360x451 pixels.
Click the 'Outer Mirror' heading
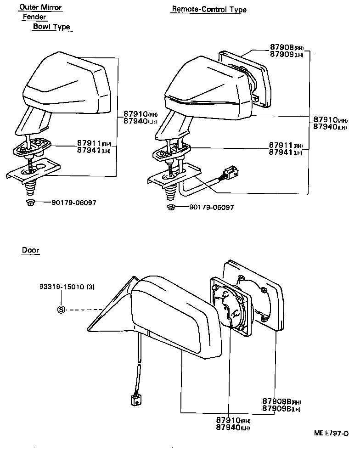[x=40, y=7]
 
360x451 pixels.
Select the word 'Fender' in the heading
[x=34, y=17]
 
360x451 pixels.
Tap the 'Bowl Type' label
[x=51, y=27]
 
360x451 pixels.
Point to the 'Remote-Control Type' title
[x=209, y=9]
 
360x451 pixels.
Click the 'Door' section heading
[x=30, y=250]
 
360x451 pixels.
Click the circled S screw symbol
[x=61, y=310]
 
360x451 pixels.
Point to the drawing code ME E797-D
[x=331, y=433]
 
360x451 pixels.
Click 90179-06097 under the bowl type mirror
[x=73, y=203]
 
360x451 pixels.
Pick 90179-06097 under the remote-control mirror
[x=211, y=207]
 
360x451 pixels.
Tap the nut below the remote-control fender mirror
[x=171, y=208]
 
